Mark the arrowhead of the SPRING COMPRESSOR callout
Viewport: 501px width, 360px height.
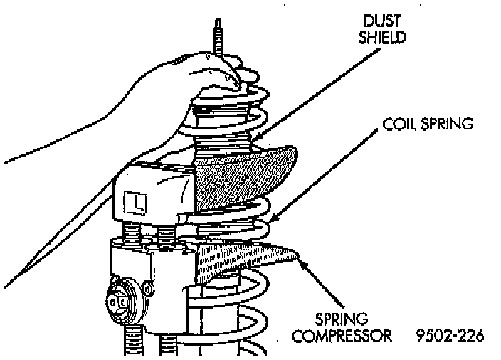302,262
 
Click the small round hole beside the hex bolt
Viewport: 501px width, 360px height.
147,289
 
